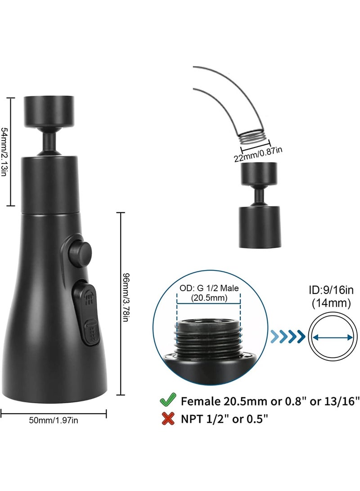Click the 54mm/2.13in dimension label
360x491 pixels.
[x=4, y=152]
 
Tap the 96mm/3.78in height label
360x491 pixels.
[x=126, y=298]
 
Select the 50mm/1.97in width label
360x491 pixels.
[x=54, y=420]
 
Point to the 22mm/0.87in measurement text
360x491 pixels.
[x=258, y=154]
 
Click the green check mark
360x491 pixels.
[x=168, y=400]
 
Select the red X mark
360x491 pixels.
[x=168, y=419]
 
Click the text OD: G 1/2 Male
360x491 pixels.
[x=209, y=288]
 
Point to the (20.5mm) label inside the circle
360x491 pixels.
[x=209, y=298]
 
